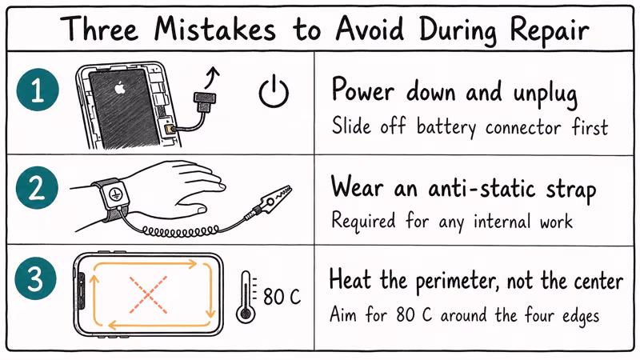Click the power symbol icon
pyautogui.click(x=273, y=94)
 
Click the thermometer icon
pyautogui.click(x=245, y=297)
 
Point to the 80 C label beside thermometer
pyautogui.click(x=282, y=298)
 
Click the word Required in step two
pyautogui.click(x=364, y=219)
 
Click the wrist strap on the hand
pyautogui.click(x=111, y=196)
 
